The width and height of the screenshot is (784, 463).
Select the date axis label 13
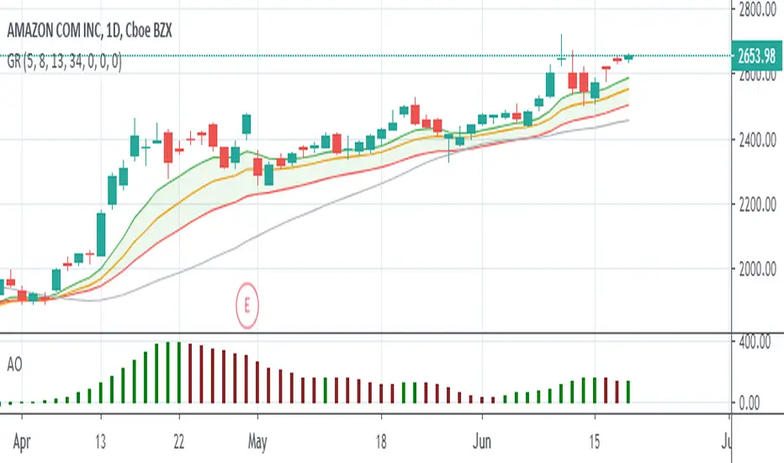pos(100,439)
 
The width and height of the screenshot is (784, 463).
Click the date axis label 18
pos(381,439)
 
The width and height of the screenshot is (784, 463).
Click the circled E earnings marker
pos(247,311)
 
